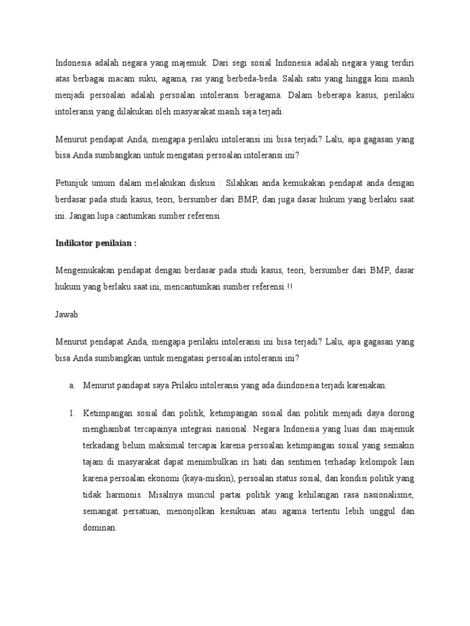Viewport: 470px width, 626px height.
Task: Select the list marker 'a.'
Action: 72,386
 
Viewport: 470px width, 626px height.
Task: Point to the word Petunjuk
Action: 72,184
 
